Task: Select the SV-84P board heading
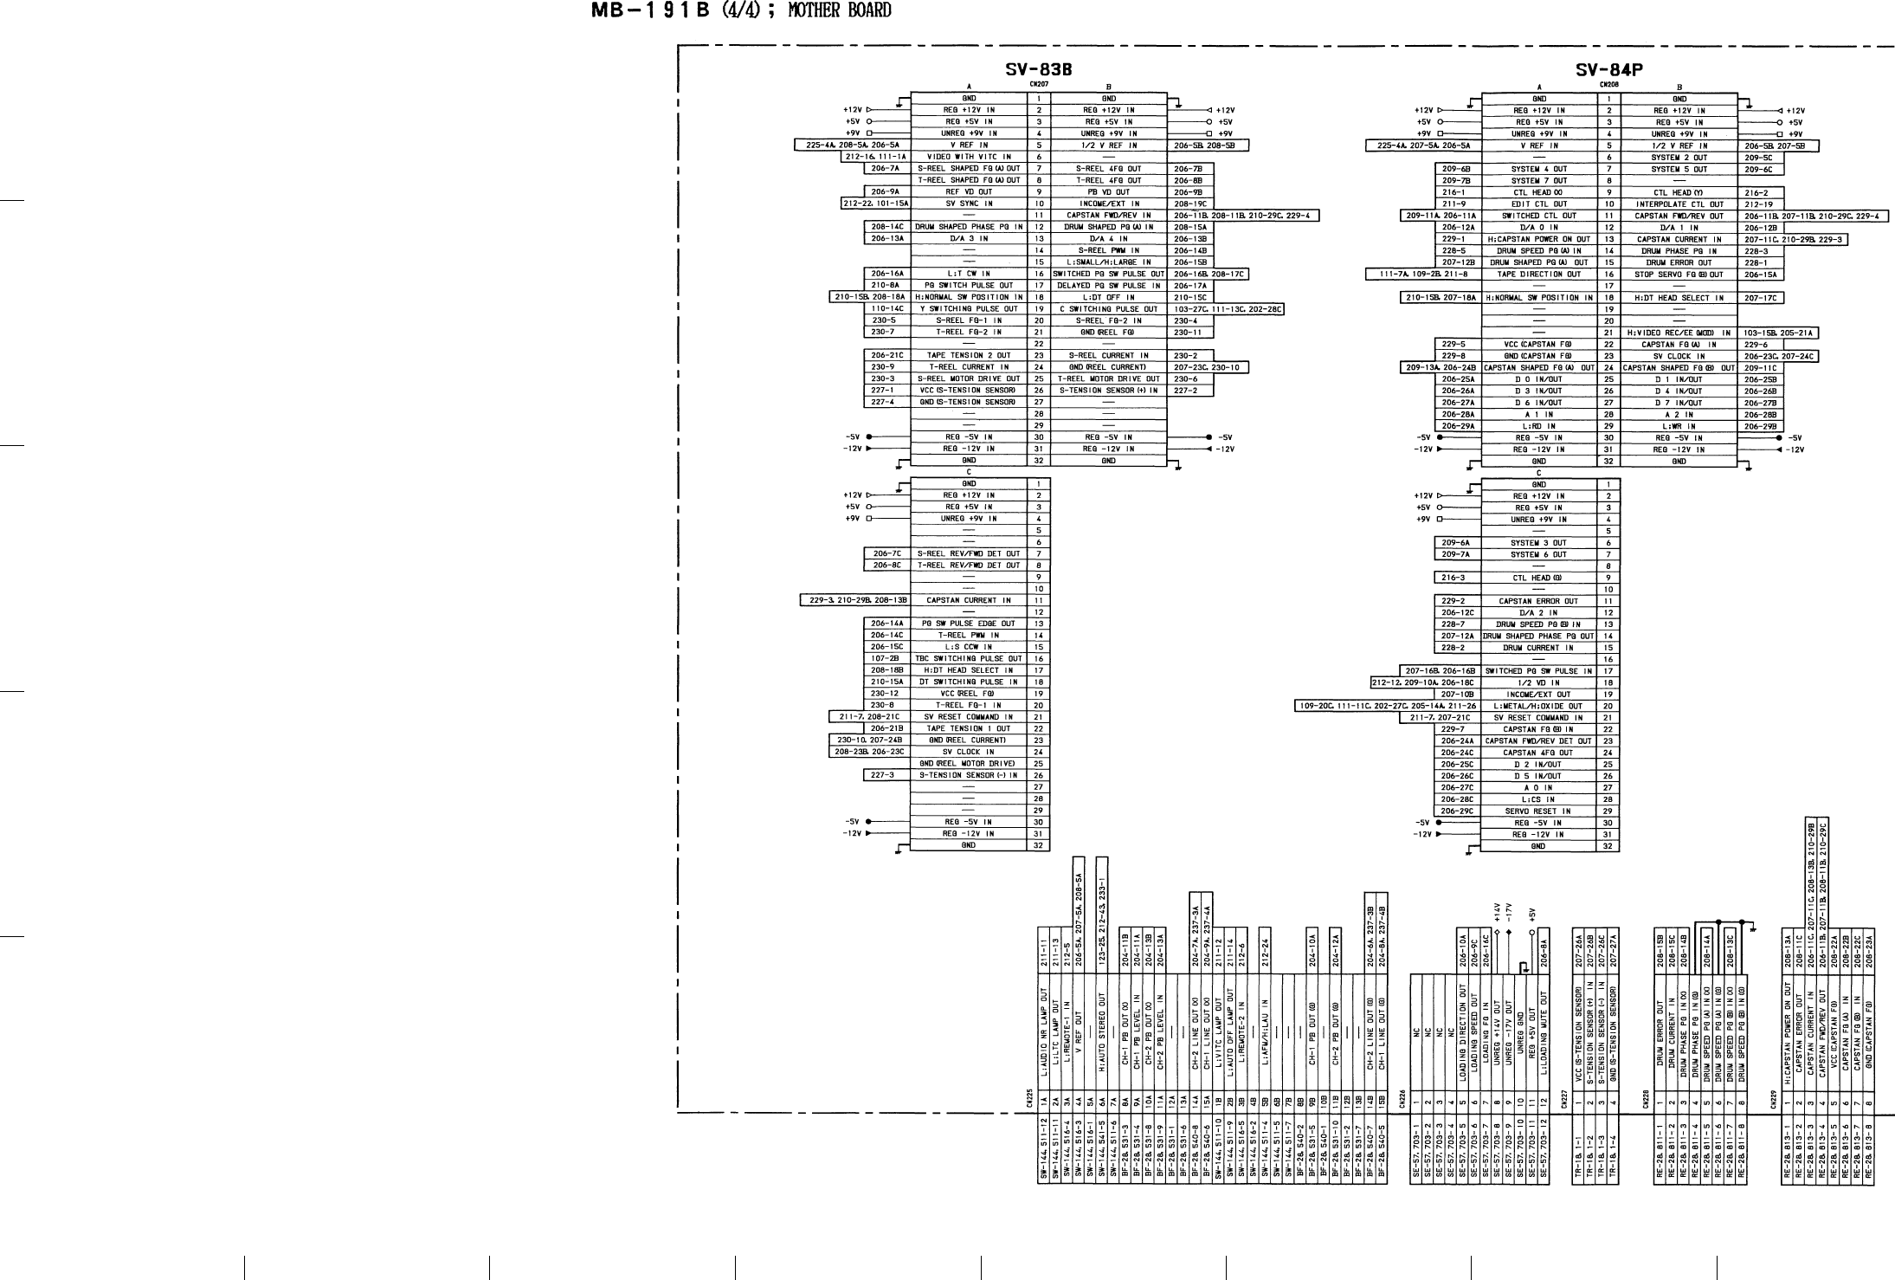pos(1609,69)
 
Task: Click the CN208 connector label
pos(1608,85)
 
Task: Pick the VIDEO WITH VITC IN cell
pos(969,157)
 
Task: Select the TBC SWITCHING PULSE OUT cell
pos(969,658)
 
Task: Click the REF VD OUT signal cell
pos(969,191)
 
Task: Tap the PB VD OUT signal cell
pos(1109,191)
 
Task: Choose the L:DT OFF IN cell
pos(1109,297)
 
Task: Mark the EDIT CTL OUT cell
pos(1538,204)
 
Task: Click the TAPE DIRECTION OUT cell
pos(1538,275)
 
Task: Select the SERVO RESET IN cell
pos(1537,811)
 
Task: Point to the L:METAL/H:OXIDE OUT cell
pos(1537,706)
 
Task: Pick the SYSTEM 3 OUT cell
pos(1537,543)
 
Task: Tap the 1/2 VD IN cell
pos(1537,682)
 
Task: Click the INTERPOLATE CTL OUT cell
pos(1679,204)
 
